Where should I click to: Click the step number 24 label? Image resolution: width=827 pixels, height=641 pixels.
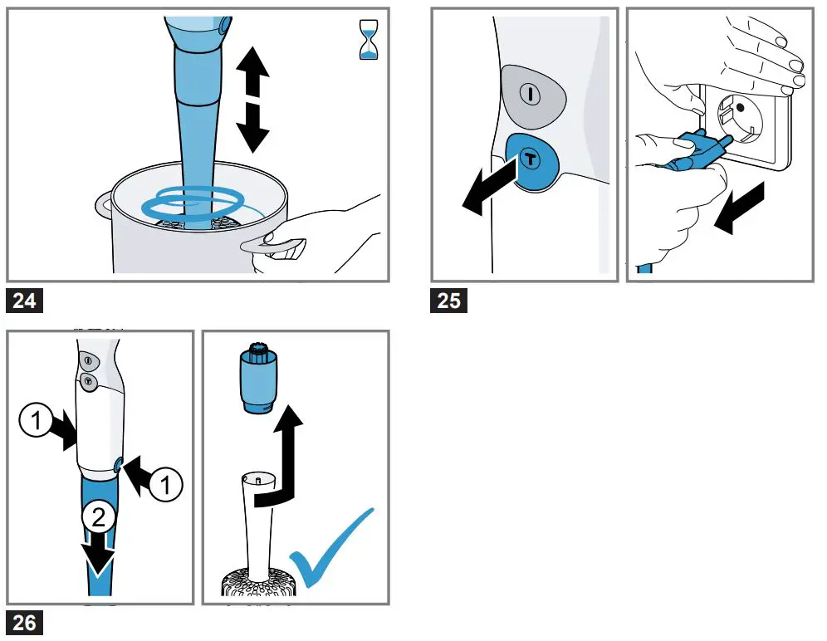coord(25,300)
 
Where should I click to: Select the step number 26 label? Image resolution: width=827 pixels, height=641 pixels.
coord(25,622)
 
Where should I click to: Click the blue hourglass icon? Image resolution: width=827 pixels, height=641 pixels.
coord(366,42)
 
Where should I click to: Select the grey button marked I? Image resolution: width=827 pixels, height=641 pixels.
coord(531,93)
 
